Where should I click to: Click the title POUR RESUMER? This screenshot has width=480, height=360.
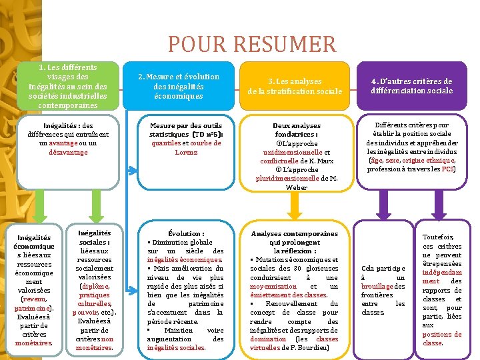[x=252, y=45]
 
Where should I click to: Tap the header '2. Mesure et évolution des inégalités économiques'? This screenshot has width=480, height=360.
[x=178, y=86]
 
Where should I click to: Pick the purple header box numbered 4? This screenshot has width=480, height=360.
[x=411, y=86]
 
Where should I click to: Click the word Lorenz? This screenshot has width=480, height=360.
[x=186, y=152]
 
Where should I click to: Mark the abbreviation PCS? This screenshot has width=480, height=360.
[x=447, y=169]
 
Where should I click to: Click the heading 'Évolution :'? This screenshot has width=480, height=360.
[x=186, y=233]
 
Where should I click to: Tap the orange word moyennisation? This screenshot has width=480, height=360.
[x=276, y=286]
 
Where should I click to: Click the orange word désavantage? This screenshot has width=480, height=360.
[x=67, y=152]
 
